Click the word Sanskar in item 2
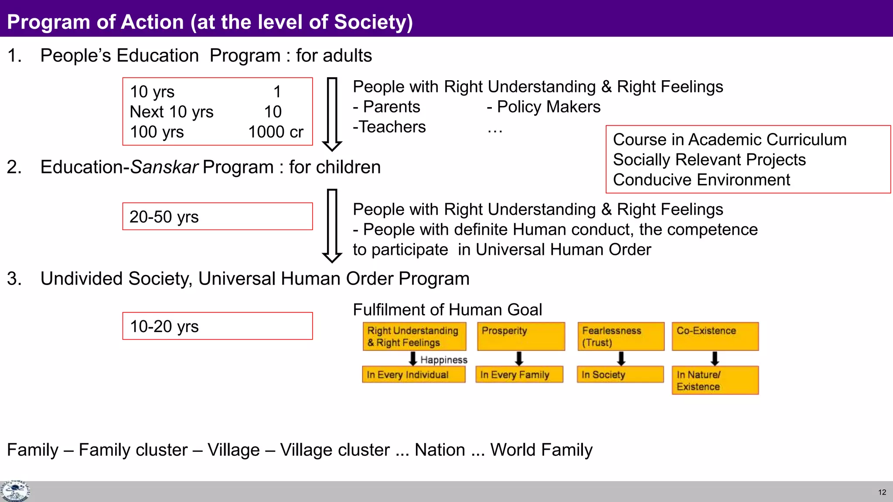click(164, 167)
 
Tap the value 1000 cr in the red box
click(276, 132)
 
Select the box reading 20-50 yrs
click(217, 217)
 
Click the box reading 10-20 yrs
click(217, 326)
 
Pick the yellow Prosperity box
click(521, 336)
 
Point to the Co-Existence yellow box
click(715, 336)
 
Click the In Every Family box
click(519, 375)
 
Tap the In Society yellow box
click(620, 375)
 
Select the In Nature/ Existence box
click(715, 380)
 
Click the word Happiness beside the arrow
click(444, 360)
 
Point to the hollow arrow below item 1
click(332, 114)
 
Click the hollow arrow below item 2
click(332, 226)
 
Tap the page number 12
click(882, 492)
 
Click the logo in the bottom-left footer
click(15, 492)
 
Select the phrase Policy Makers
click(549, 107)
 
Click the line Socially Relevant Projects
click(709, 160)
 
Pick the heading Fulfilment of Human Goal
click(447, 310)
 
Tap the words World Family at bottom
click(541, 450)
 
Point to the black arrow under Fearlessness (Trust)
click(621, 359)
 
